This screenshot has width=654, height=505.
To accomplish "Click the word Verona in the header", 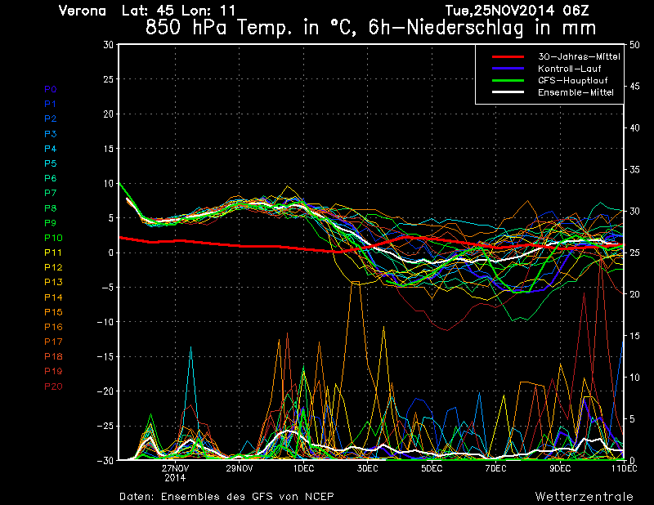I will click(83, 11).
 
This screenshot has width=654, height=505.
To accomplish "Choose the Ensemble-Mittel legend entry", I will click(576, 92).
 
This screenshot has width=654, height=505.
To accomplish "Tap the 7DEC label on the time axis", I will click(495, 469).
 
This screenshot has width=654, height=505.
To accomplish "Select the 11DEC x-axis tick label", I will click(624, 469).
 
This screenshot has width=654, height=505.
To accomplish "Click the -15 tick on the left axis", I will click(105, 356).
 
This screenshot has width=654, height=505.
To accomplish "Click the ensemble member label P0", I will click(51, 88).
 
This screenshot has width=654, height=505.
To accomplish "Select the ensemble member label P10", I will click(53, 237).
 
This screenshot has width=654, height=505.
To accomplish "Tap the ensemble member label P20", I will click(53, 386).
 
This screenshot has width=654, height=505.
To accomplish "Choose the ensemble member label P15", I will click(53, 311).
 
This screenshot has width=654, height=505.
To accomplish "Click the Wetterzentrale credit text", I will click(584, 496).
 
